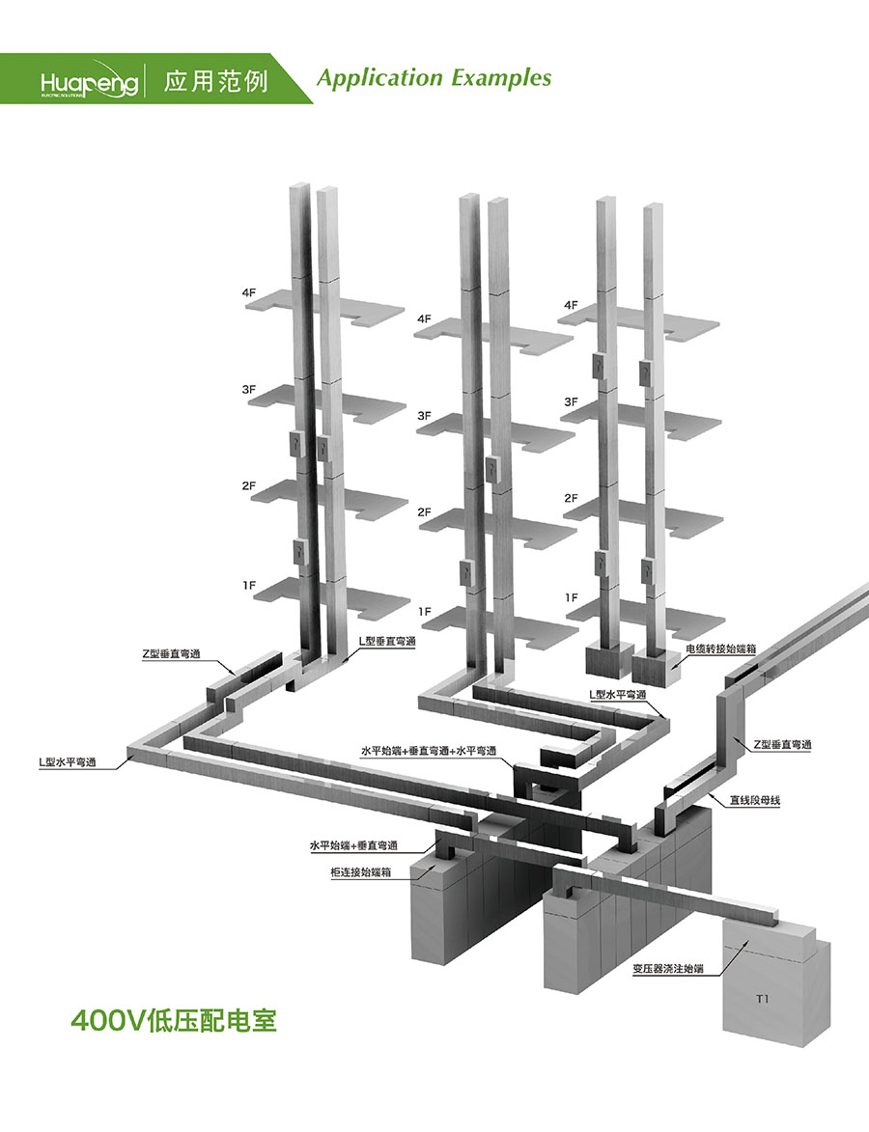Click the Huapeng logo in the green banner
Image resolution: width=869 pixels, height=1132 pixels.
(x=90, y=81)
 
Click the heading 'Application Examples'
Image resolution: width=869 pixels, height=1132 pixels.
(x=434, y=78)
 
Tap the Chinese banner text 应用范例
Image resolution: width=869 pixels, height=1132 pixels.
(x=215, y=80)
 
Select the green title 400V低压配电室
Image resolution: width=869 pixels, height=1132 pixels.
(x=174, y=1020)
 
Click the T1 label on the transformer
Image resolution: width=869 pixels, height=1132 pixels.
(x=762, y=999)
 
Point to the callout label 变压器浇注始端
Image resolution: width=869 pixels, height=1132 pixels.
(x=668, y=968)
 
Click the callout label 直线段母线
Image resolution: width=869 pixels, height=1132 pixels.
(x=755, y=800)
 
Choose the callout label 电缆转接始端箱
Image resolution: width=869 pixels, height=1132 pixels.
(x=721, y=649)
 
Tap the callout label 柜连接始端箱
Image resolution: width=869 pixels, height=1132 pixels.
(x=361, y=872)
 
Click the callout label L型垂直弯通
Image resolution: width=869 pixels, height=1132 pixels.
(x=387, y=641)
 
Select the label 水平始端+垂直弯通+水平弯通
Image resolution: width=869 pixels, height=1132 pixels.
(x=429, y=751)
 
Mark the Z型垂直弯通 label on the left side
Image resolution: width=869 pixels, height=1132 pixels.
(x=171, y=654)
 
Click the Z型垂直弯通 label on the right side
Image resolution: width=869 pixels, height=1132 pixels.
(x=782, y=744)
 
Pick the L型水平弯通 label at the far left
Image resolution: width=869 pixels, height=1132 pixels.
(x=68, y=761)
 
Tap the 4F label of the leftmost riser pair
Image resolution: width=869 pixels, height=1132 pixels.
(x=249, y=292)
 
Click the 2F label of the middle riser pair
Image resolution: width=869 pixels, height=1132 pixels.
(x=424, y=511)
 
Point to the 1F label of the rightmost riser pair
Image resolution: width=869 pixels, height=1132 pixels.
(x=572, y=597)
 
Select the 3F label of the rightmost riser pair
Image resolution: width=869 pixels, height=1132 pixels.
(x=572, y=401)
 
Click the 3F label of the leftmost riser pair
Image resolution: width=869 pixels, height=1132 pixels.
(x=249, y=389)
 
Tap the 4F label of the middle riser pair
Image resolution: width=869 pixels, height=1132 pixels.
(x=424, y=318)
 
